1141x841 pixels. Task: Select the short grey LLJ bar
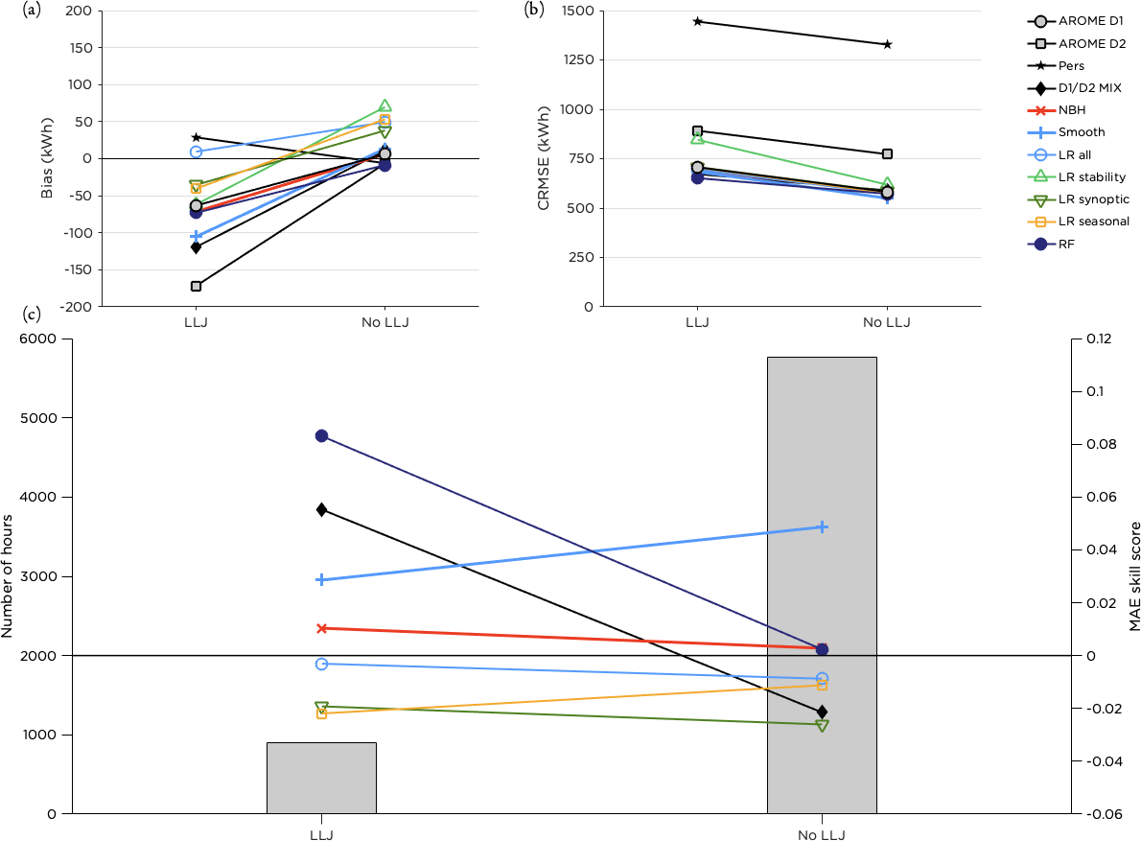321,778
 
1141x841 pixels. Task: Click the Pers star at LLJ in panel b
697,21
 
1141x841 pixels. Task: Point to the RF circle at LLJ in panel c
322,436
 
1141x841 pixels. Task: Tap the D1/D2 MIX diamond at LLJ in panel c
322,509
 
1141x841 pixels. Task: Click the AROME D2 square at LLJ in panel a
197,286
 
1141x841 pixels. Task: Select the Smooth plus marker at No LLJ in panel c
822,526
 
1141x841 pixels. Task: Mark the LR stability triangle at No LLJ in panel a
385,106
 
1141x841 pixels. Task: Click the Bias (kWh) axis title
47,159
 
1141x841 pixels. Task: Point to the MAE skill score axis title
1135,576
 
